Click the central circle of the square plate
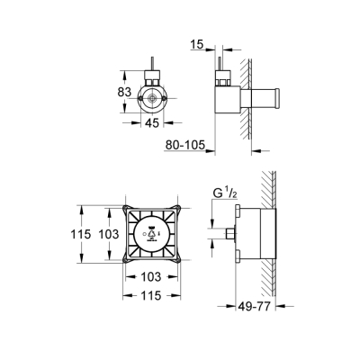tap(151, 236)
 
